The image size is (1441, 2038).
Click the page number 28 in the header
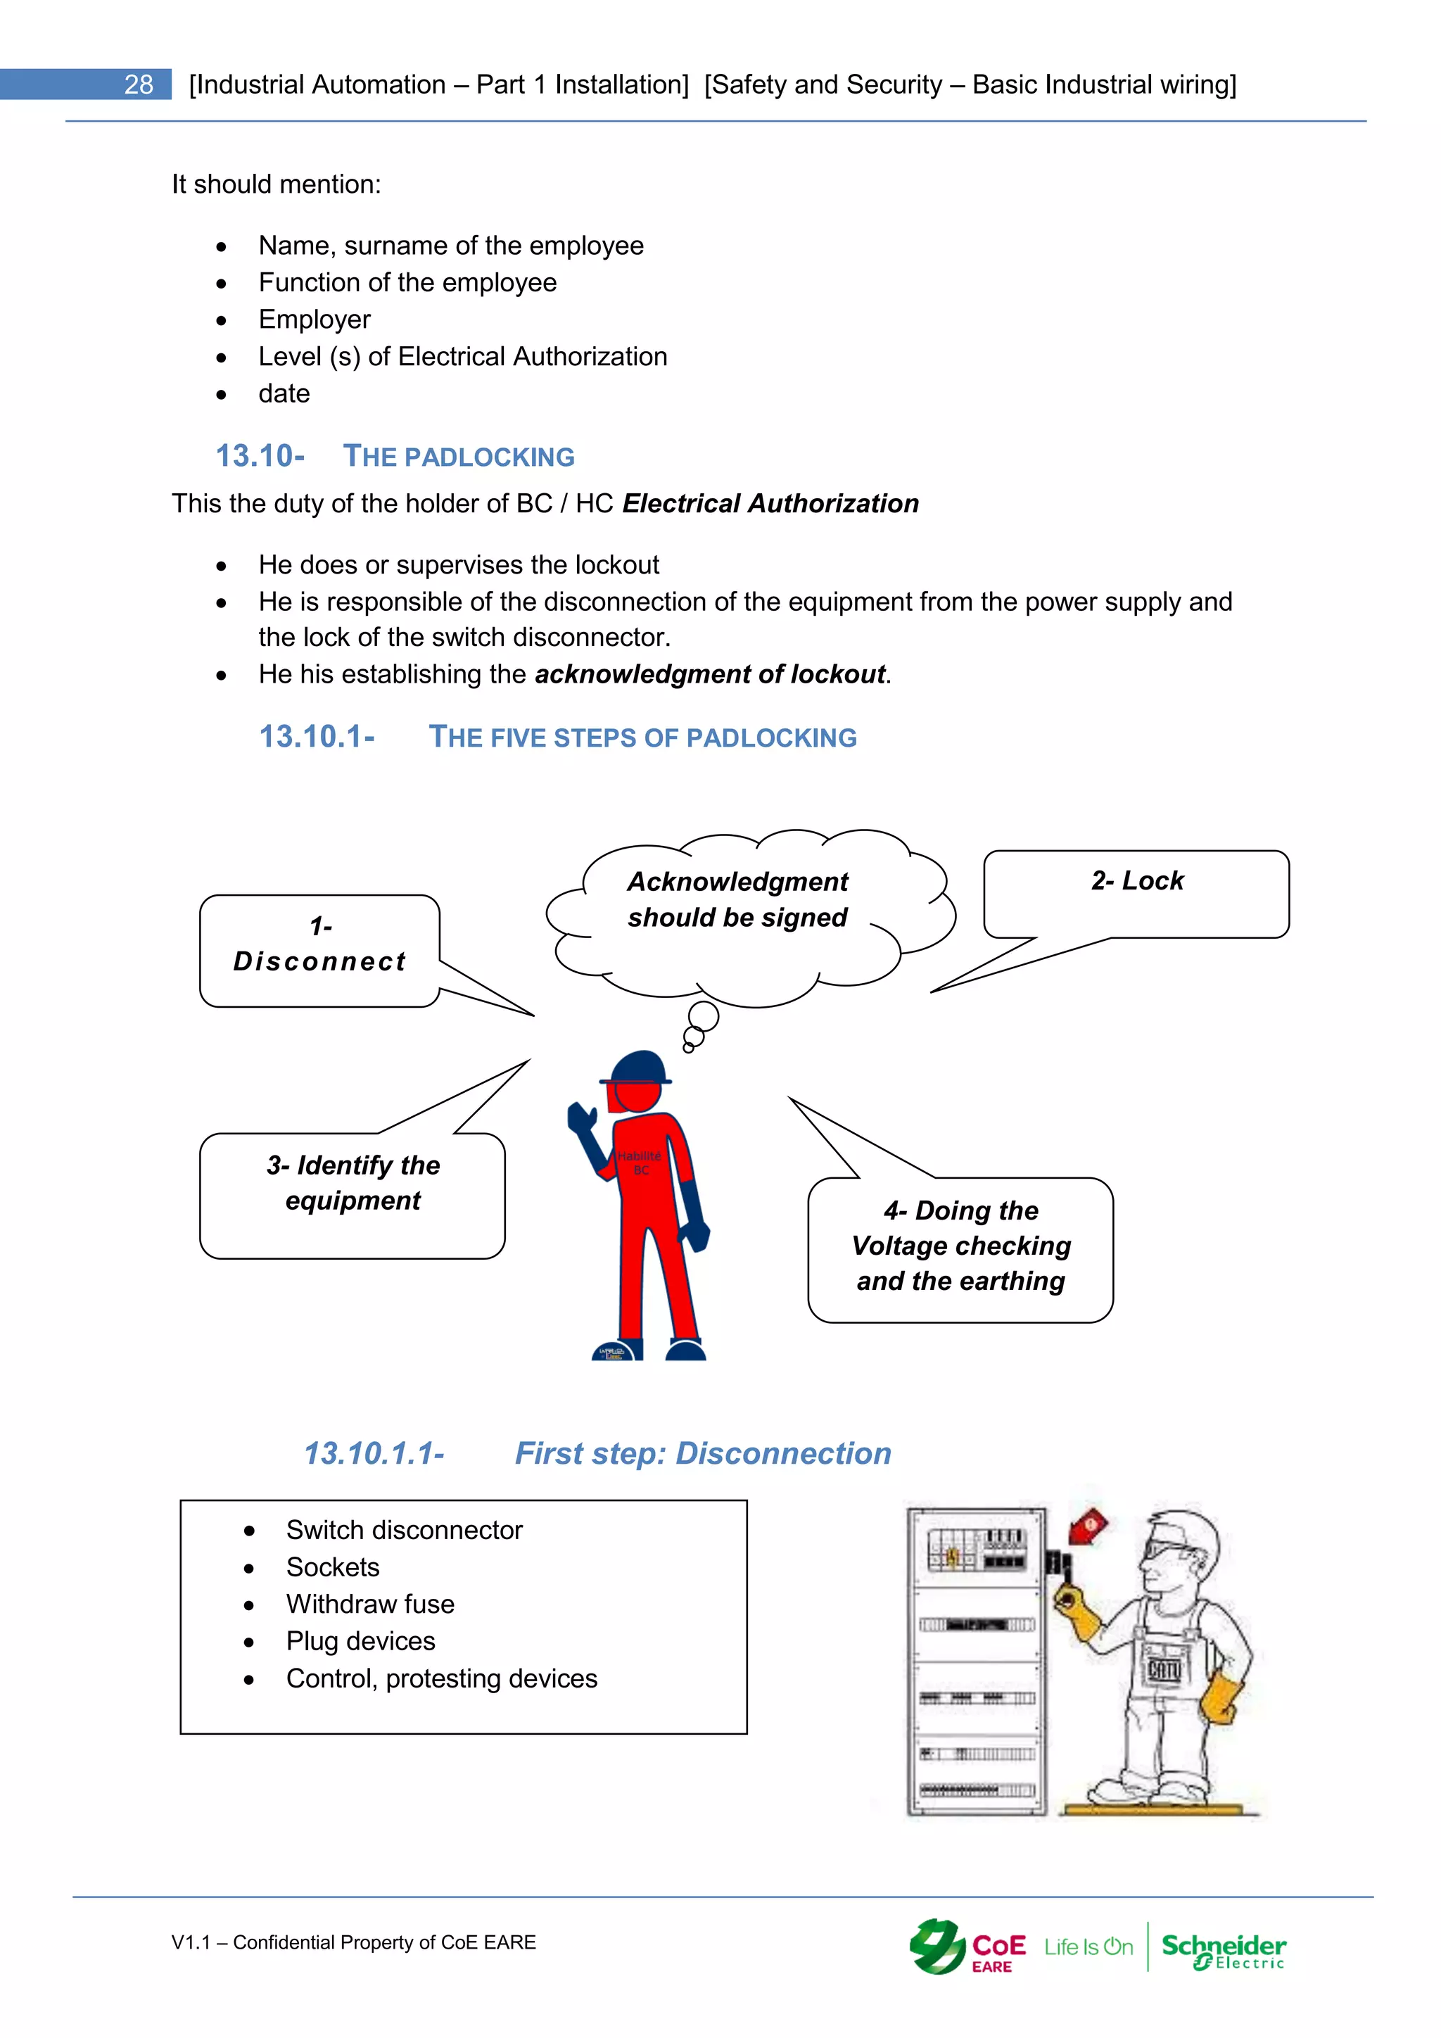[x=139, y=84]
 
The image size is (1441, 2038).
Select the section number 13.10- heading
[x=260, y=456]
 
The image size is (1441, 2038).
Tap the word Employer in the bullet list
[x=314, y=319]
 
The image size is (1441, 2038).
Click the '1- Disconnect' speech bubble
[x=319, y=950]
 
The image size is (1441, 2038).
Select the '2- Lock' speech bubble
[x=1136, y=892]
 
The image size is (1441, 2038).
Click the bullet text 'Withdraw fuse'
[x=370, y=1604]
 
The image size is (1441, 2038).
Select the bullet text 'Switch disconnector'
[x=404, y=1531]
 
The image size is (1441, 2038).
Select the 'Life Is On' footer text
[x=1088, y=1947]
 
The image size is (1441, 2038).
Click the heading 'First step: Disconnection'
[x=703, y=1453]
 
